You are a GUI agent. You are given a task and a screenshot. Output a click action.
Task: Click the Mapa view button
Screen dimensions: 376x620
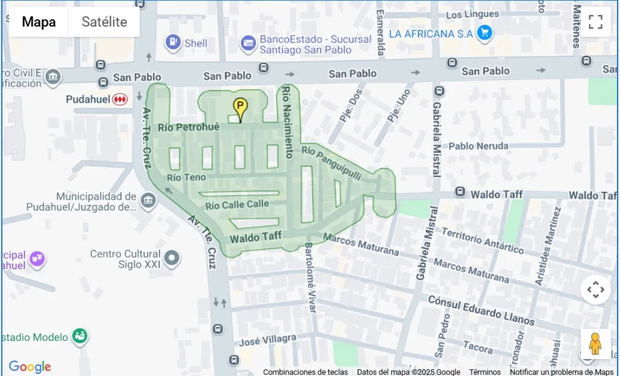pos(39,22)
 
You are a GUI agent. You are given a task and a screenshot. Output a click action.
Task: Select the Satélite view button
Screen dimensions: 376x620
pos(104,22)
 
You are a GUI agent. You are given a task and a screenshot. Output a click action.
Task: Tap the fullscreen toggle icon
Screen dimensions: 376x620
pos(595,22)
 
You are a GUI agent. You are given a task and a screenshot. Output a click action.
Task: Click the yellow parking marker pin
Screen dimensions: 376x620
pos(240,109)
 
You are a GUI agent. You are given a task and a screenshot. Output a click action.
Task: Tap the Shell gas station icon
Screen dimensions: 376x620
pos(173,42)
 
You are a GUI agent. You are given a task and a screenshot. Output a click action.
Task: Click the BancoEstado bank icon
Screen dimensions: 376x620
pos(248,43)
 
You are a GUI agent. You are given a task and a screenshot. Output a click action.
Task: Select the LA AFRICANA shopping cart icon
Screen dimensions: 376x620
pos(483,34)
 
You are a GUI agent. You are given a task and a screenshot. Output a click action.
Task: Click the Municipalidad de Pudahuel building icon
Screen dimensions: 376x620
pos(148,201)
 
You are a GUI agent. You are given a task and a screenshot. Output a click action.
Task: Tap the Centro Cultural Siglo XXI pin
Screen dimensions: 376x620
pos(172,259)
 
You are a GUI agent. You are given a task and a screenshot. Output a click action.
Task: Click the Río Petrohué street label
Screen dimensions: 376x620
pos(188,128)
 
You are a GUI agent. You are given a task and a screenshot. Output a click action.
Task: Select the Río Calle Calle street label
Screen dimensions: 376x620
pos(237,204)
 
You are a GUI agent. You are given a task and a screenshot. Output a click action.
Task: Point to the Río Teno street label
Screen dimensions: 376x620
pos(186,177)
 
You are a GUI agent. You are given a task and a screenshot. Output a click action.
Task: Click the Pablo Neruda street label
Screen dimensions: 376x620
pos(478,146)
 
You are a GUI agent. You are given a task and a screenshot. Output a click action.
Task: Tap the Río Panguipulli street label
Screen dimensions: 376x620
pos(331,163)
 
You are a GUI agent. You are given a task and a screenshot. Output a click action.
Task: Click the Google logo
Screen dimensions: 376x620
pos(30,366)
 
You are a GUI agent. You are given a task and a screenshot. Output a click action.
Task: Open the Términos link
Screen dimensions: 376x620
pos(485,372)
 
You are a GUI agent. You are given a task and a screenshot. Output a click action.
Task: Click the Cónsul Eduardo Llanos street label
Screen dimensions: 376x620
pos(481,310)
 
